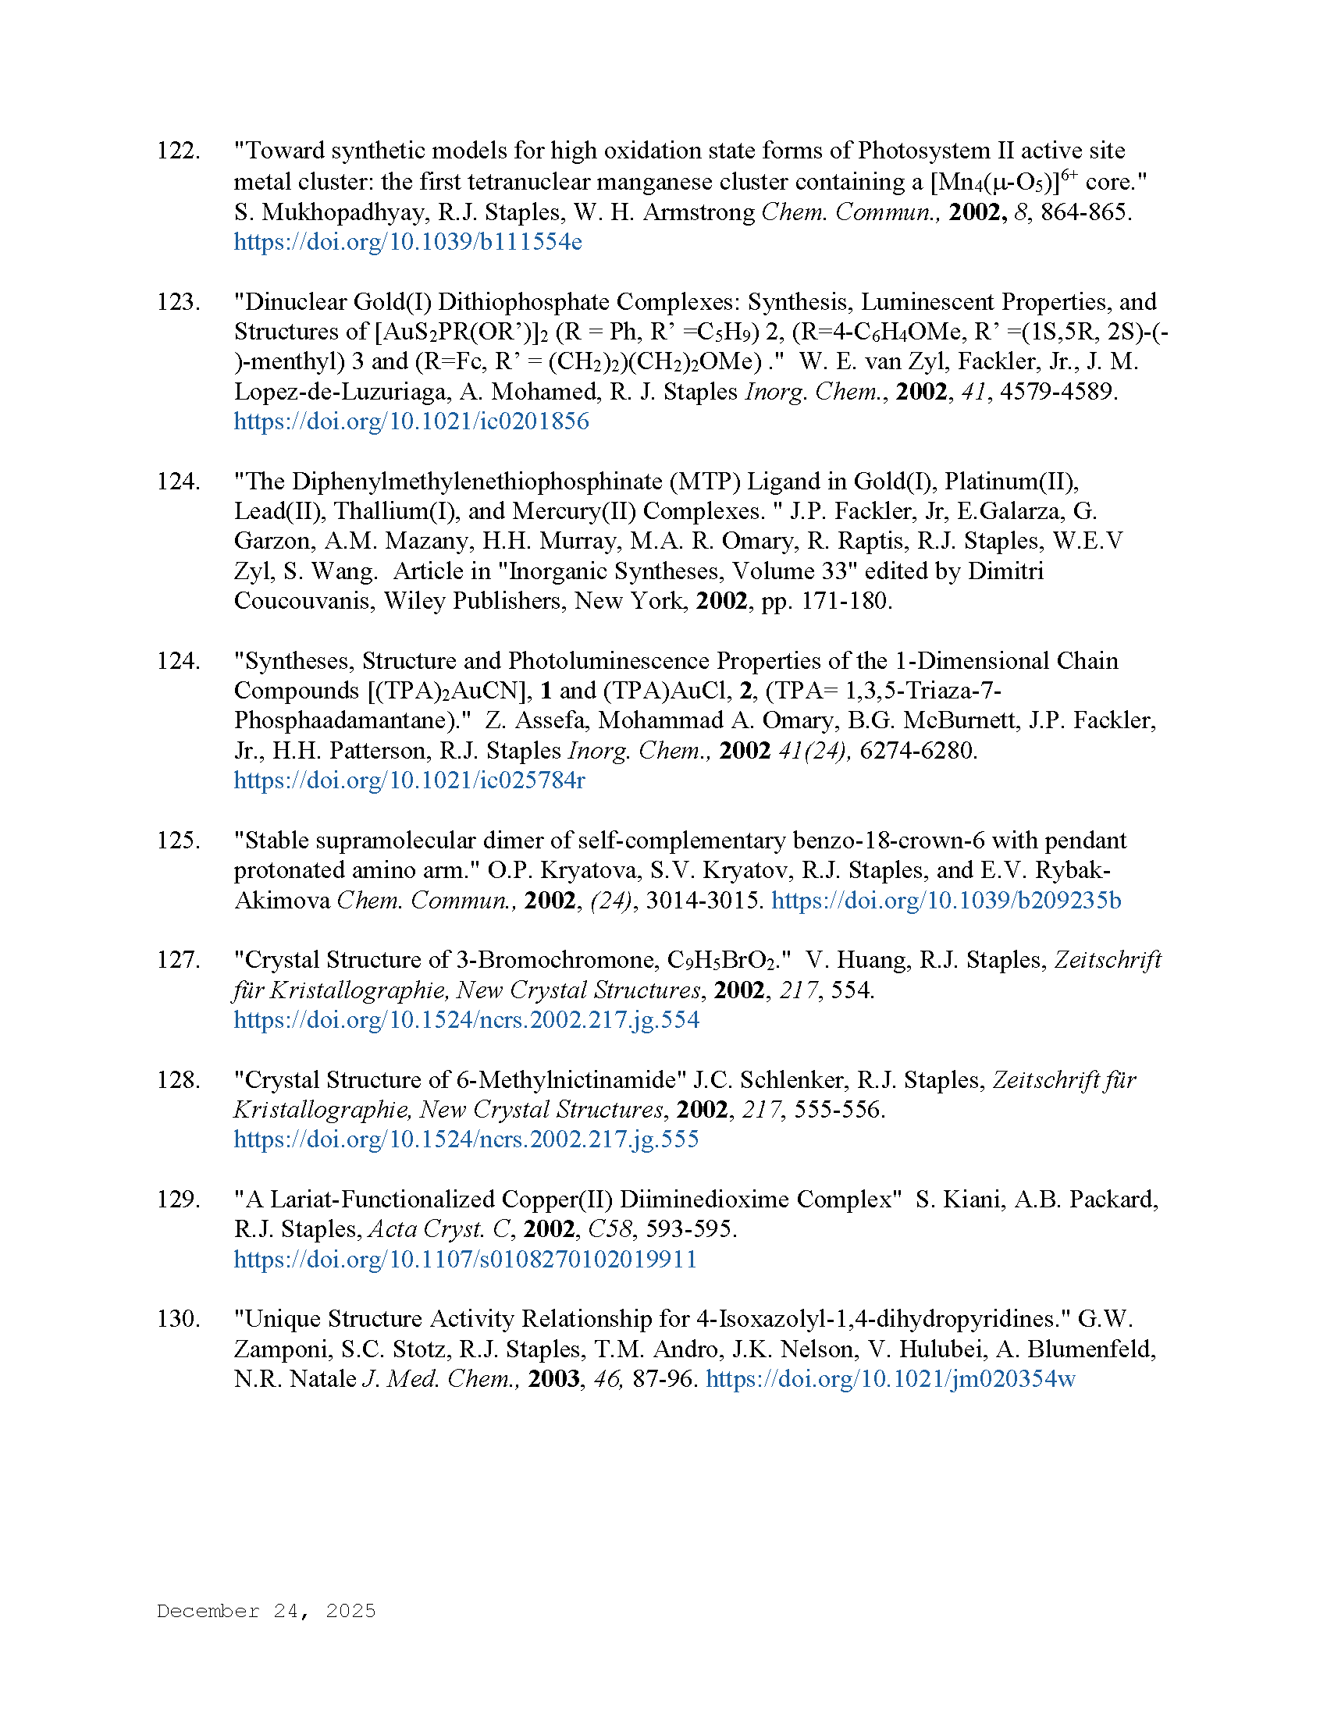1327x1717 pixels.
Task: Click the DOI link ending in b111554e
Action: [408, 242]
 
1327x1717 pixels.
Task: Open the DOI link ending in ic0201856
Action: [411, 421]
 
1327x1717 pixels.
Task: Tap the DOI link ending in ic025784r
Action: [410, 780]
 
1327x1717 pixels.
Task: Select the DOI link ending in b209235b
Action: [946, 900]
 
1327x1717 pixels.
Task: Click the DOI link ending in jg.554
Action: [466, 1021]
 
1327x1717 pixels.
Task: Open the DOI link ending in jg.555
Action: [466, 1140]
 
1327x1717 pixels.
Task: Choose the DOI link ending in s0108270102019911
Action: [465, 1260]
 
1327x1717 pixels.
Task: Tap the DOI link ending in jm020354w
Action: [890, 1379]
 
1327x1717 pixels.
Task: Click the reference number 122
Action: [178, 151]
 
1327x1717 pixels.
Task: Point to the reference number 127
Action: [178, 960]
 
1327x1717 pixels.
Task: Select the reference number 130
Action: [178, 1319]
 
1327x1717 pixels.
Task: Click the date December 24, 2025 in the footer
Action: [266, 1611]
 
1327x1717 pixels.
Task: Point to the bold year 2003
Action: [553, 1379]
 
